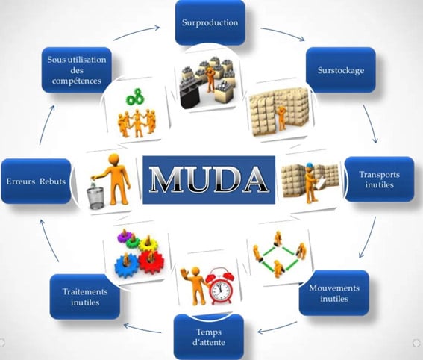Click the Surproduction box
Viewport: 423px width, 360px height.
coord(210,22)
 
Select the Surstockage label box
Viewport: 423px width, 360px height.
coord(341,70)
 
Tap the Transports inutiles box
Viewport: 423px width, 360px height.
coord(379,179)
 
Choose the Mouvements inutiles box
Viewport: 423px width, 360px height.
coord(334,293)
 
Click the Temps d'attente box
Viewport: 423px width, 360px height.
coord(209,337)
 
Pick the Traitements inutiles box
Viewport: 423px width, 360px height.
coord(85,297)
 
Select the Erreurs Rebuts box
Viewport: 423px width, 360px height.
coord(36,181)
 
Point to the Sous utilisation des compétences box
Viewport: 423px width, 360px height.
coord(77,70)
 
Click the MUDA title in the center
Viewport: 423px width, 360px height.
coord(209,179)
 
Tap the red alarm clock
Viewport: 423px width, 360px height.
coord(220,286)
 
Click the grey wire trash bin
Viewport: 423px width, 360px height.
coord(95,198)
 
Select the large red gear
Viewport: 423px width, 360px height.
coord(151,261)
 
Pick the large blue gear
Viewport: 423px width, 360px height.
coord(126,265)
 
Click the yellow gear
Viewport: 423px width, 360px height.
coord(148,244)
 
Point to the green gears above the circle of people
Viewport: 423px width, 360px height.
coord(134,96)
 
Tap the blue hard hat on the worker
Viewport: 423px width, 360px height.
coord(309,165)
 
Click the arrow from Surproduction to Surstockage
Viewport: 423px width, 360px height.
coord(282,33)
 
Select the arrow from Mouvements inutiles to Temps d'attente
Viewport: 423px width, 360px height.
coord(278,328)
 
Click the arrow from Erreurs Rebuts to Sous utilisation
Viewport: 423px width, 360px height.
coord(46,125)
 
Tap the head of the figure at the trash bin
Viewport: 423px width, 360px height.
coord(113,159)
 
